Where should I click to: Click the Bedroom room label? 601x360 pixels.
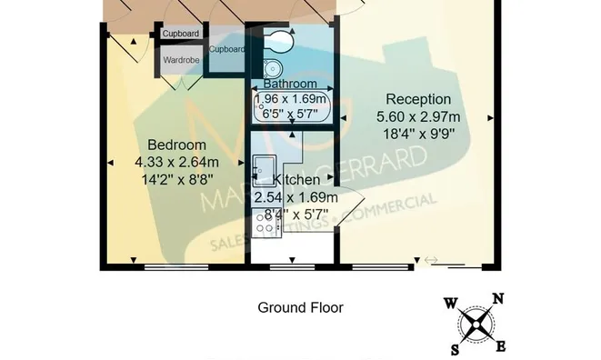click(x=176, y=145)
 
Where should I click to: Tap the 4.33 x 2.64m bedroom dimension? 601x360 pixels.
click(x=176, y=162)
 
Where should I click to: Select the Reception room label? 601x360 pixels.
click(x=418, y=99)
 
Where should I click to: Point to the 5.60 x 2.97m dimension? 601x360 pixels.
click(x=418, y=116)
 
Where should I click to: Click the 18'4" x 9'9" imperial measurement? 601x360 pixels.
click(x=418, y=134)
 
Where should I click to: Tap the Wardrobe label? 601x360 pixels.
click(x=182, y=61)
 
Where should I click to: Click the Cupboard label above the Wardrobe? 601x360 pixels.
click(x=181, y=34)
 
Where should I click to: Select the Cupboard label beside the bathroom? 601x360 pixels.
click(x=226, y=49)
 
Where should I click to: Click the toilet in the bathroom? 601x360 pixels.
click(x=276, y=42)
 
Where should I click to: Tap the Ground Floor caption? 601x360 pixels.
click(x=300, y=307)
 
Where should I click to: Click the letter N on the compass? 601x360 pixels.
click(x=497, y=298)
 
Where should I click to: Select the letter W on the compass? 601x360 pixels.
click(x=451, y=304)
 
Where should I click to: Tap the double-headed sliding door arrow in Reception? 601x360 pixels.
click(x=431, y=261)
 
